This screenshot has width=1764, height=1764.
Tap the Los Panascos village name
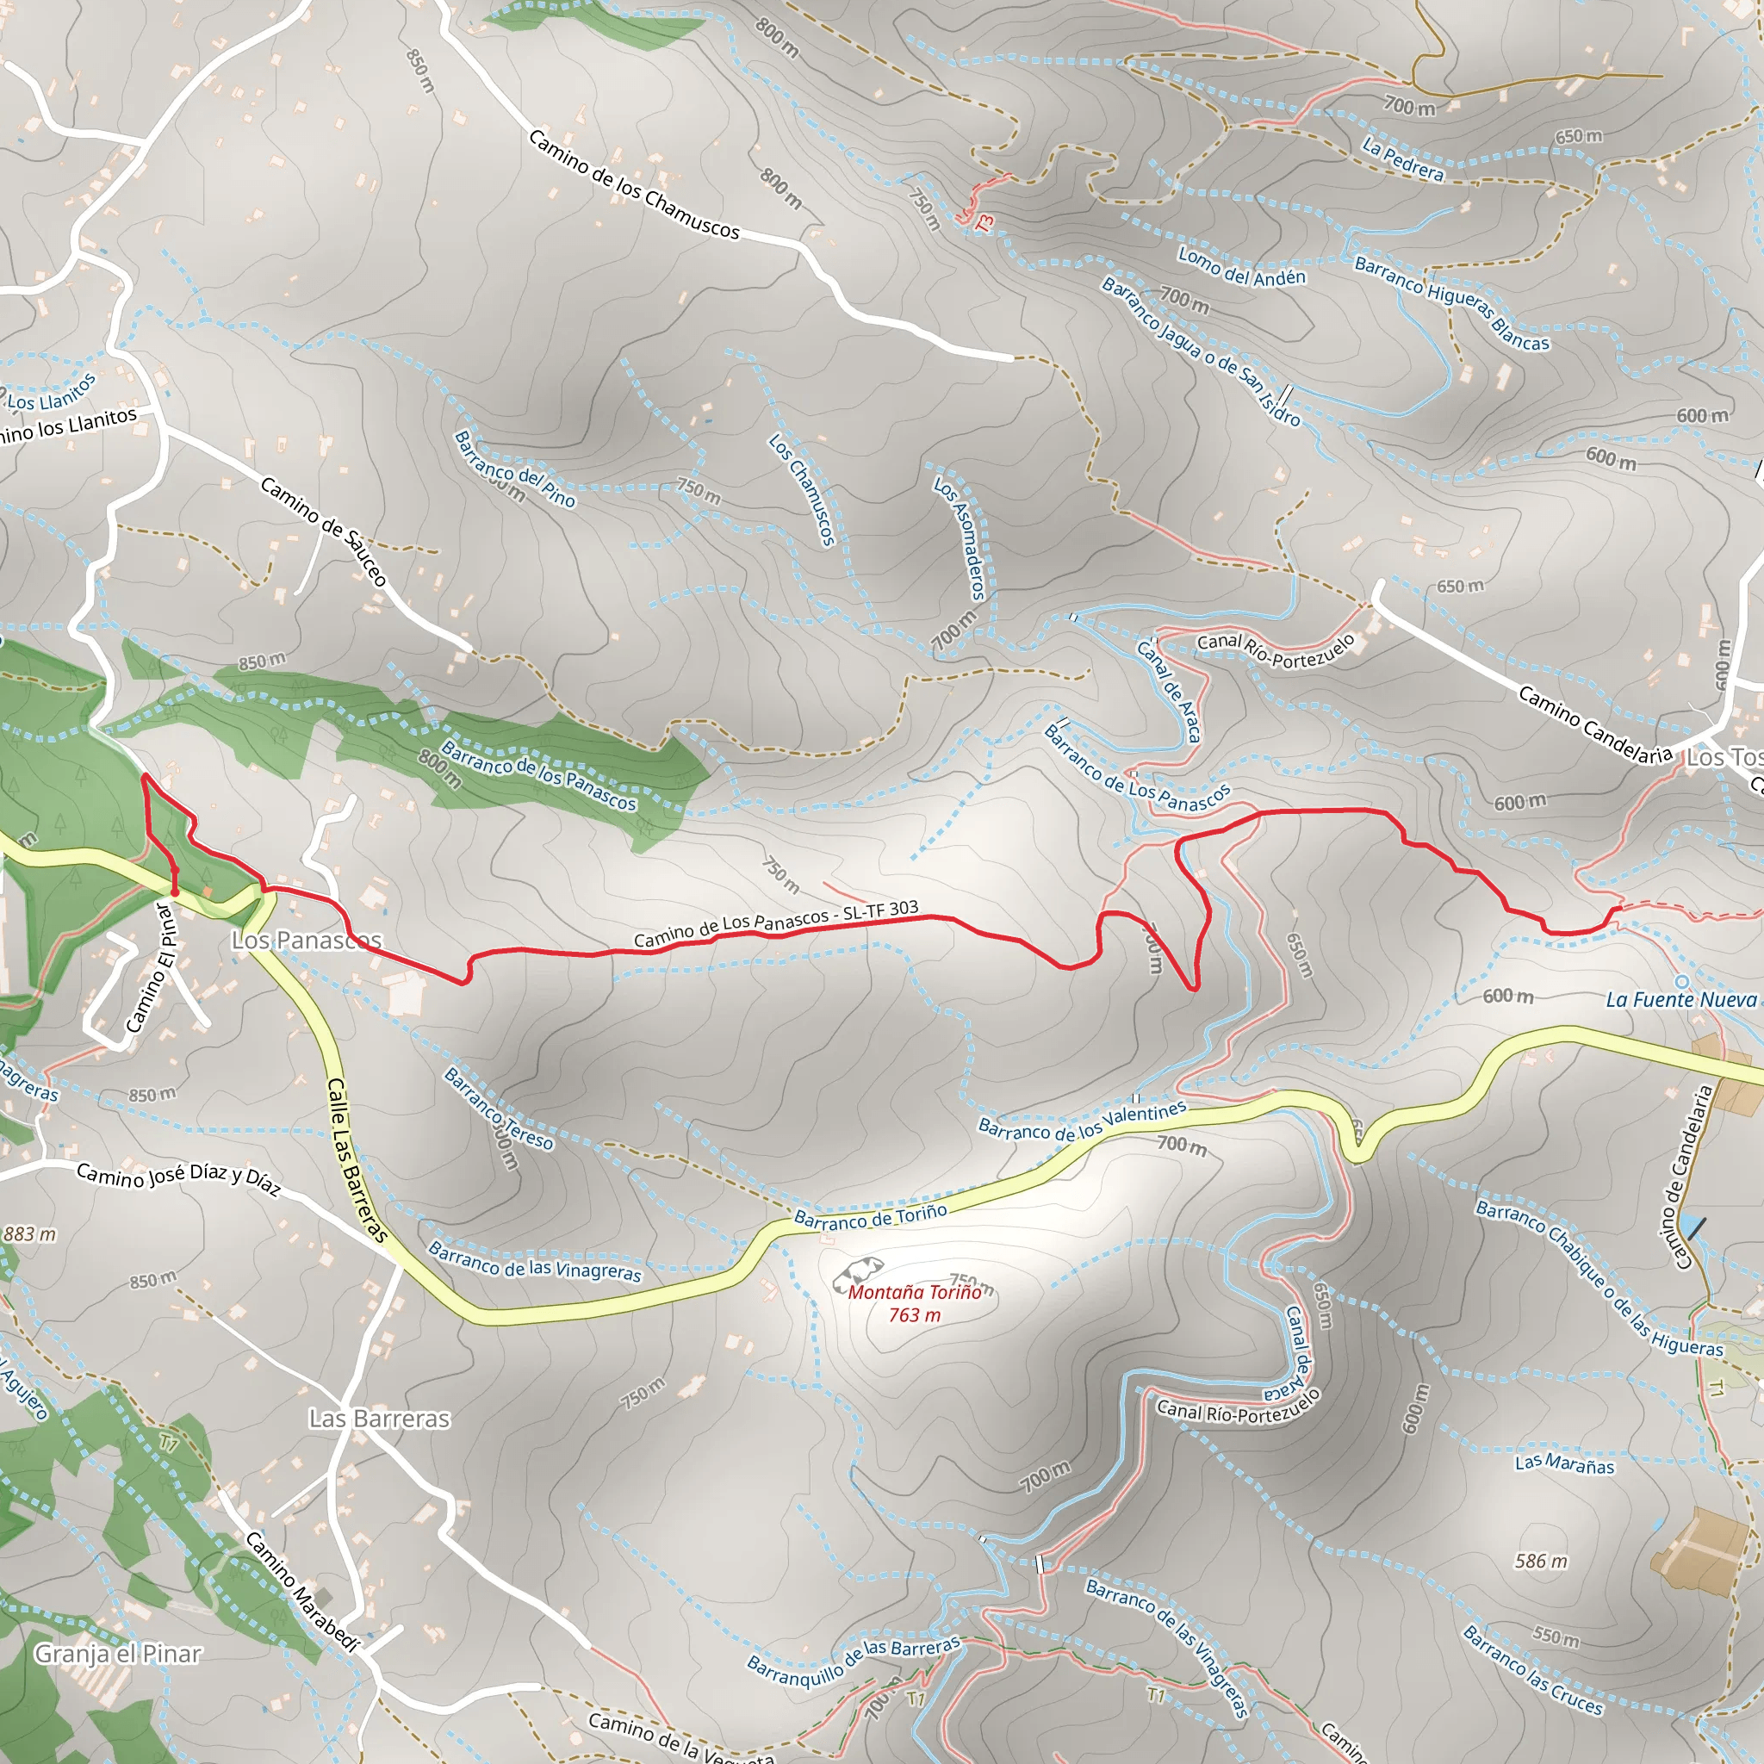point(306,940)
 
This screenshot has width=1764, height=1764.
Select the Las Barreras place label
point(379,1418)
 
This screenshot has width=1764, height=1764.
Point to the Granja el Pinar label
point(117,1654)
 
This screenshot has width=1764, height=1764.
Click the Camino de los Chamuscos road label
point(634,184)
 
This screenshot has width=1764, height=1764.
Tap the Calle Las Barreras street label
point(356,1159)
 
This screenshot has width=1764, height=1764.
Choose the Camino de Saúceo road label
point(324,531)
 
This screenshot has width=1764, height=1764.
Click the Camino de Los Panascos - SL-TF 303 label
point(776,923)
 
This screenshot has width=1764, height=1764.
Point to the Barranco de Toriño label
point(870,1215)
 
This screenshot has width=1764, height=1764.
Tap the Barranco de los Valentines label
point(1082,1121)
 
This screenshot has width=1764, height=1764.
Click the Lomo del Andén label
point(1242,268)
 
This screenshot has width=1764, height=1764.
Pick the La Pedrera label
point(1403,158)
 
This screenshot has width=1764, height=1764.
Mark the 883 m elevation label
point(29,1234)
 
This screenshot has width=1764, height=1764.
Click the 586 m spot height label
point(1541,1562)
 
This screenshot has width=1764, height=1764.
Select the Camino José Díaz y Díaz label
point(178,1177)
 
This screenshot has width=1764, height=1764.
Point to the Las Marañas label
point(1564,1464)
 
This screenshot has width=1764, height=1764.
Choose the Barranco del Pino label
point(515,469)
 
